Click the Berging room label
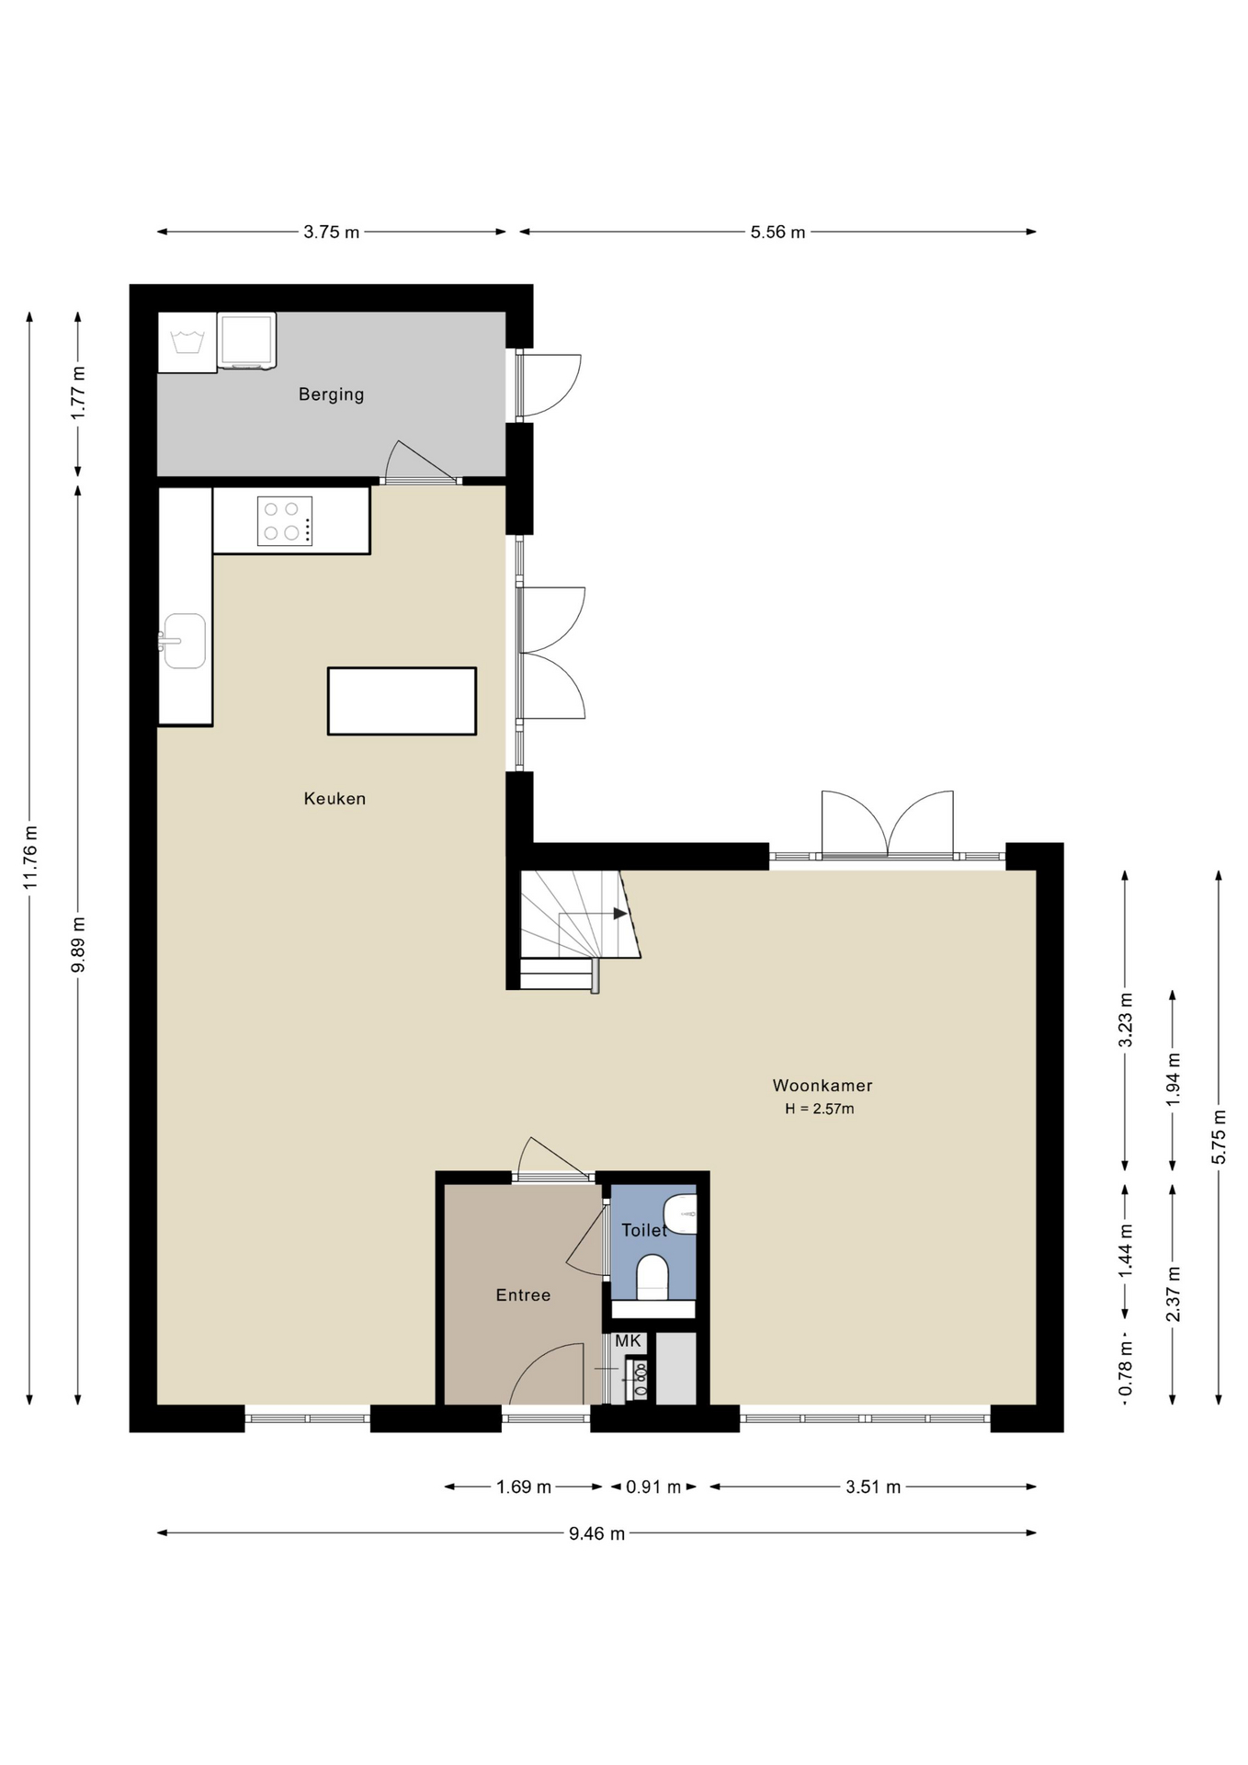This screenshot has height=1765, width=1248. [x=331, y=394]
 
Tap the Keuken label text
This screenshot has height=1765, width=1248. [x=335, y=799]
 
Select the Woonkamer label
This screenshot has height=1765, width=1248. [x=823, y=1086]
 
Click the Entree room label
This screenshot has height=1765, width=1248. [x=523, y=1295]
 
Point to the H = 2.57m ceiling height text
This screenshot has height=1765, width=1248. [x=820, y=1109]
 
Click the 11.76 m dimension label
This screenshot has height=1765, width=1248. [x=30, y=857]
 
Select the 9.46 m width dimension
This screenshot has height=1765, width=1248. [x=596, y=1533]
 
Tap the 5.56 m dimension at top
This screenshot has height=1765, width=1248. [x=777, y=233]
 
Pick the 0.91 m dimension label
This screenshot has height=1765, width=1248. [x=653, y=1487]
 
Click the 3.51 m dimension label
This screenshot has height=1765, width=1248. [x=873, y=1487]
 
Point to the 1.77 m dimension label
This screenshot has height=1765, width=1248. [x=78, y=393]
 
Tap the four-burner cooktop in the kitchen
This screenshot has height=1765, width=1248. [x=285, y=521]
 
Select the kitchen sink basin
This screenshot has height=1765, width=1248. [x=185, y=641]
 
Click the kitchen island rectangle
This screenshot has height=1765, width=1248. [x=402, y=701]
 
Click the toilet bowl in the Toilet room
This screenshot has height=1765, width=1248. [x=652, y=1278]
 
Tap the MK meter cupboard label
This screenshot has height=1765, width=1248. [x=628, y=1341]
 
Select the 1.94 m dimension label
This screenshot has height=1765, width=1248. [x=1173, y=1081]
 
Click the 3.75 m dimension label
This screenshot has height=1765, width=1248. [x=332, y=233]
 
